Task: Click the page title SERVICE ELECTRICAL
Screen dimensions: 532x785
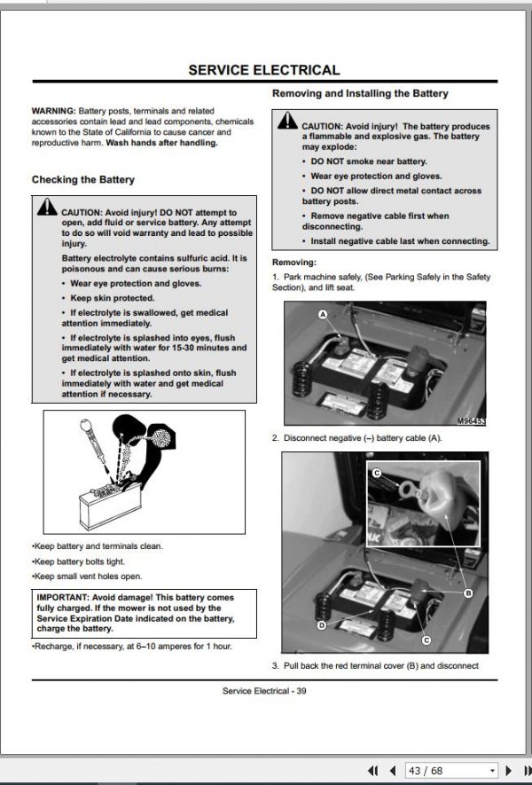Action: click(x=263, y=69)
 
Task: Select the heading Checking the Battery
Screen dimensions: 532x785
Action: click(x=83, y=180)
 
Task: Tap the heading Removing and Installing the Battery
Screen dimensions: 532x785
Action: click(x=360, y=93)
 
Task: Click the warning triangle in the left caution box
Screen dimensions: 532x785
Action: click(x=47, y=207)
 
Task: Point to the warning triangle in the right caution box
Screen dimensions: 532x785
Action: click(x=287, y=120)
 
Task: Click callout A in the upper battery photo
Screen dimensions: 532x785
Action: click(x=323, y=314)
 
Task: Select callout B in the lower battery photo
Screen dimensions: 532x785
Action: click(x=468, y=593)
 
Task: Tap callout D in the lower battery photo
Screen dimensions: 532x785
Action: click(x=322, y=625)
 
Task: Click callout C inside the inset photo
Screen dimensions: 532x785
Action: click(x=378, y=473)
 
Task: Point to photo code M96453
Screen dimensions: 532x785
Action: click(x=472, y=421)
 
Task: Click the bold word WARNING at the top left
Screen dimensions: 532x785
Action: click(x=53, y=111)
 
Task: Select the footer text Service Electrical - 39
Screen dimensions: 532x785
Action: click(x=264, y=691)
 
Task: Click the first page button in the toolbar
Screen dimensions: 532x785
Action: click(x=372, y=771)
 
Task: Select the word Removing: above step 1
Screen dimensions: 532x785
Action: click(x=294, y=263)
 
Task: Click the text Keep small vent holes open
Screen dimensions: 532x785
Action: click(x=87, y=577)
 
